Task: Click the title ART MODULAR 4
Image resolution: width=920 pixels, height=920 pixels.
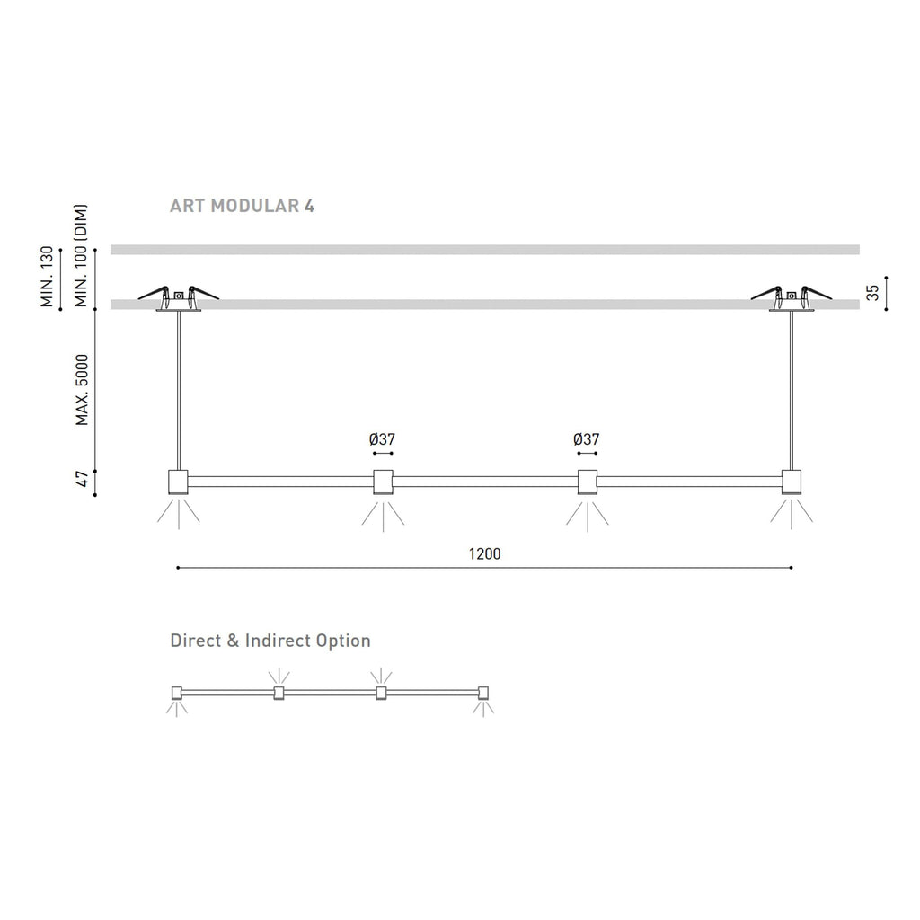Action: tap(242, 206)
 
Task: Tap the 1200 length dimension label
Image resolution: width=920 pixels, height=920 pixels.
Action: tap(484, 553)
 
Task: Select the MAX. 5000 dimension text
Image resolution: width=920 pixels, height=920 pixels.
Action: tap(82, 390)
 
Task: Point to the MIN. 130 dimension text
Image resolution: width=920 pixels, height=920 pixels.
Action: tap(47, 277)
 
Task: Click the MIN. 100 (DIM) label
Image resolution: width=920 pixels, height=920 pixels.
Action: tap(81, 255)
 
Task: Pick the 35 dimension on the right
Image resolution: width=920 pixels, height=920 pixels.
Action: tap(873, 293)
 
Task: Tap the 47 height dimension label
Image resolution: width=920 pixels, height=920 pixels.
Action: tap(82, 479)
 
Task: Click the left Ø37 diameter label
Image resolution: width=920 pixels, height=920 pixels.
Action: tap(382, 438)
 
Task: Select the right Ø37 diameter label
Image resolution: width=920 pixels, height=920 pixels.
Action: tap(586, 438)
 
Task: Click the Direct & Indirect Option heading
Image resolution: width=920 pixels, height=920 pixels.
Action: tap(270, 640)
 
